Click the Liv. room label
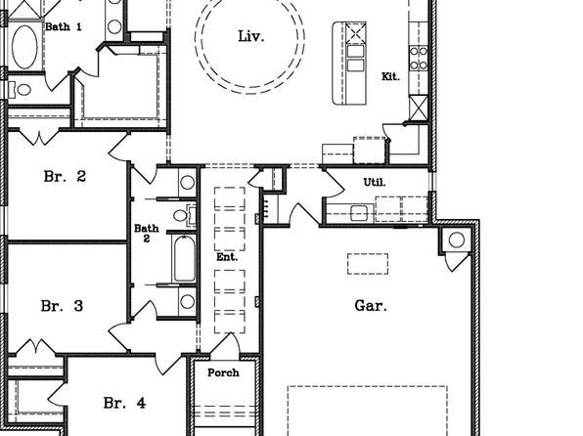pyautogui.click(x=251, y=36)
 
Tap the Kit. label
pyautogui.click(x=390, y=76)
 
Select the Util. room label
pyautogui.click(x=375, y=182)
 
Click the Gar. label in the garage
pyautogui.click(x=371, y=306)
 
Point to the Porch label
pyautogui.click(x=223, y=372)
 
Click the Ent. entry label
pyautogui.click(x=227, y=257)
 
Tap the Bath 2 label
pyautogui.click(x=147, y=233)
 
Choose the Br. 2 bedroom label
pyautogui.click(x=65, y=176)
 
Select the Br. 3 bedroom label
pyautogui.click(x=62, y=306)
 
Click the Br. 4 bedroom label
pyautogui.click(x=124, y=403)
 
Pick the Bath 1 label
pyautogui.click(x=64, y=26)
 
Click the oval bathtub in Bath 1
pyautogui.click(x=24, y=47)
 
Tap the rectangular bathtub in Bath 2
pyautogui.click(x=185, y=258)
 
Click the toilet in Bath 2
pyautogui.click(x=184, y=215)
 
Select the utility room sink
pyautogui.click(x=359, y=213)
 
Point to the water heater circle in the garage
pyautogui.click(x=456, y=240)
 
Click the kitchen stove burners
pyautogui.click(x=419, y=58)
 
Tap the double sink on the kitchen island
pyautogui.click(x=355, y=58)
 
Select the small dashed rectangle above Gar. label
pyautogui.click(x=368, y=264)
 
